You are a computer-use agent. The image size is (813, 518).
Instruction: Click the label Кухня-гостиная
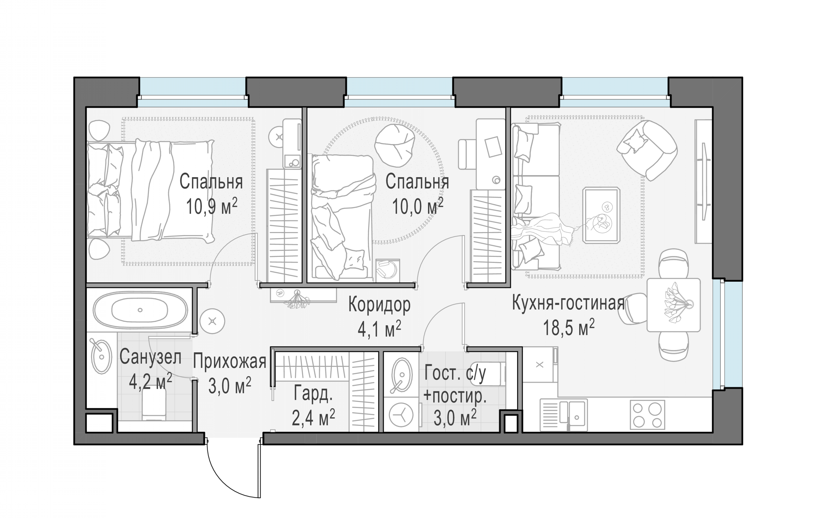568,303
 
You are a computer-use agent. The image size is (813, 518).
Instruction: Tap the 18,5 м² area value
568,327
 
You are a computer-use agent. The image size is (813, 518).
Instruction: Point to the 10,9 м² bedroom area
212,206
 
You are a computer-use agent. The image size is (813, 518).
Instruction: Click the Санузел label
150,357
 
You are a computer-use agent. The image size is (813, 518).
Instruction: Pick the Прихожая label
230,362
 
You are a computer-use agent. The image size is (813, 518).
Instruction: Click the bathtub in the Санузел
140,310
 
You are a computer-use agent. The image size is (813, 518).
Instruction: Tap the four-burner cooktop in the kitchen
647,415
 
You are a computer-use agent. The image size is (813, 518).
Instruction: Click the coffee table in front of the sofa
601,215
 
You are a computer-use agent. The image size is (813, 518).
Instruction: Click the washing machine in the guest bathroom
401,415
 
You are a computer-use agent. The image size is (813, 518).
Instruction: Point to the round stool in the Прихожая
212,321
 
